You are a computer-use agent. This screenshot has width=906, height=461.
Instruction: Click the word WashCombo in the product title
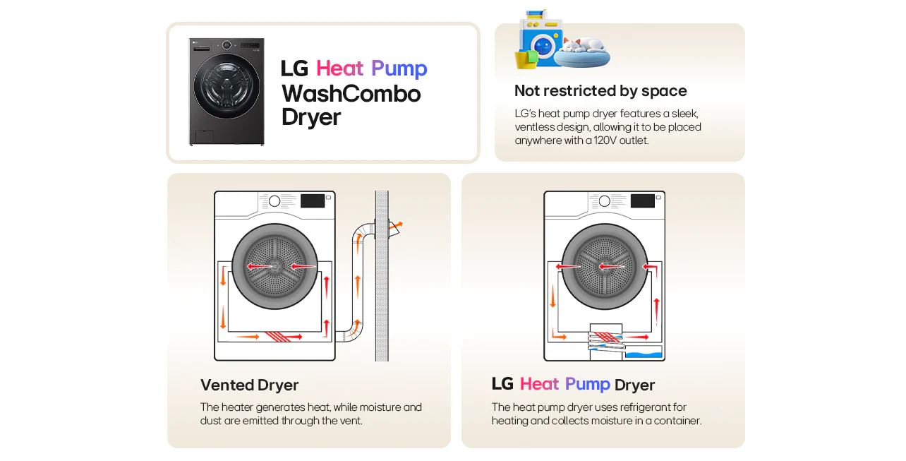pyautogui.click(x=351, y=94)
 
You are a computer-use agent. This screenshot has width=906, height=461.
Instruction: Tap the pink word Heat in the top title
pyautogui.click(x=339, y=68)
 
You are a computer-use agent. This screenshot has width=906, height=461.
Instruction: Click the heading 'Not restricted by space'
pyautogui.click(x=600, y=90)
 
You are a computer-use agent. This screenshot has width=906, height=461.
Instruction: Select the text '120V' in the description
pyautogui.click(x=612, y=140)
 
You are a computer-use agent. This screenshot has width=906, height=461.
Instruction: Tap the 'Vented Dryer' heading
pyautogui.click(x=249, y=385)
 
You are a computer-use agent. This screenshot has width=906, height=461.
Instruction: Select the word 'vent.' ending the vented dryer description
pyautogui.click(x=351, y=421)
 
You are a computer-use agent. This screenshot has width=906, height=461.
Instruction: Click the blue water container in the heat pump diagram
pyautogui.click(x=644, y=354)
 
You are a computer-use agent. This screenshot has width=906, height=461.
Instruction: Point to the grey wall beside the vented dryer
pyautogui.click(x=382, y=282)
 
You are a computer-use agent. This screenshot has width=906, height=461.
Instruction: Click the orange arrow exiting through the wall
pyautogui.click(x=396, y=227)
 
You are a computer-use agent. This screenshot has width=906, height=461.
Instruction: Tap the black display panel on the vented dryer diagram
pyautogui.click(x=313, y=200)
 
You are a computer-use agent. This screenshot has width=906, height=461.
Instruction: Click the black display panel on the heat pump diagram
pyautogui.click(x=642, y=200)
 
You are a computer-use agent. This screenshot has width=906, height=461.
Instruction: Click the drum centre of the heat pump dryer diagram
pyautogui.click(x=604, y=266)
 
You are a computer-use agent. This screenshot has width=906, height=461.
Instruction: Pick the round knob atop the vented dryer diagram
pyautogui.click(x=274, y=201)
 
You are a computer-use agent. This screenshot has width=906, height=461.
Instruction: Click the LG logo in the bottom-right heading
pyautogui.click(x=502, y=384)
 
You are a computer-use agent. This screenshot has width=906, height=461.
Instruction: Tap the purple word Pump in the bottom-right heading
pyautogui.click(x=587, y=384)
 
